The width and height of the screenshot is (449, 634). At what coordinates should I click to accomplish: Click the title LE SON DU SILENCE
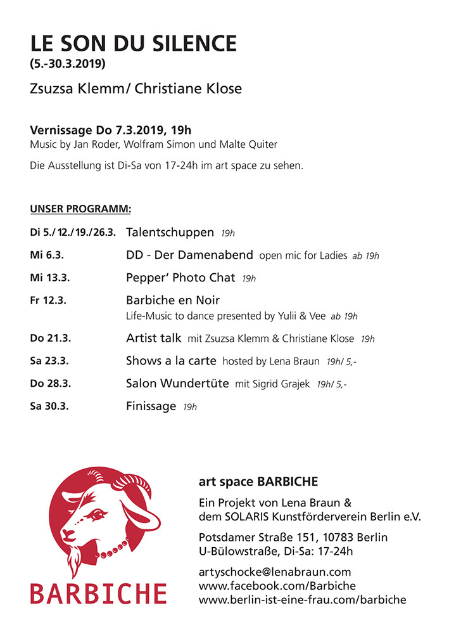point(134,43)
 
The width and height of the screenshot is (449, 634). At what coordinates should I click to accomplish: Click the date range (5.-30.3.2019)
point(68,63)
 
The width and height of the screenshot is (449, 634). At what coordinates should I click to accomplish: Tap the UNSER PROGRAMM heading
point(80,209)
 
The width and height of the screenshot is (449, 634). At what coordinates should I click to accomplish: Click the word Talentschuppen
point(170,232)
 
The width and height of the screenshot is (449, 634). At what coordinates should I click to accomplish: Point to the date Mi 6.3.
point(47,256)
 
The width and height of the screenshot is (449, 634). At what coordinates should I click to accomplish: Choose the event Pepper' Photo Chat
point(180,278)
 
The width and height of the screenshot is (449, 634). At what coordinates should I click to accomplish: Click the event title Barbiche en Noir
point(173,300)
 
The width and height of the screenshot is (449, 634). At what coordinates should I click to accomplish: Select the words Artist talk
point(154,339)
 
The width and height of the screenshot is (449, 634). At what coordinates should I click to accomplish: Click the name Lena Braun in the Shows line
point(297,361)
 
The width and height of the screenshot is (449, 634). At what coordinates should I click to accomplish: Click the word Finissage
point(151,406)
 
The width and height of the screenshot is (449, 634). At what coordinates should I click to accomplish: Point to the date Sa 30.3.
point(48,406)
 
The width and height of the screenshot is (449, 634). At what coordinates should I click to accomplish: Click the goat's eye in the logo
point(97,517)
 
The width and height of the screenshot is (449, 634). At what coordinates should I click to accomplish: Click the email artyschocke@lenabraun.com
point(274,572)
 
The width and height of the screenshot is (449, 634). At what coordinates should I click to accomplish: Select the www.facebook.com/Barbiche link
point(277,585)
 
